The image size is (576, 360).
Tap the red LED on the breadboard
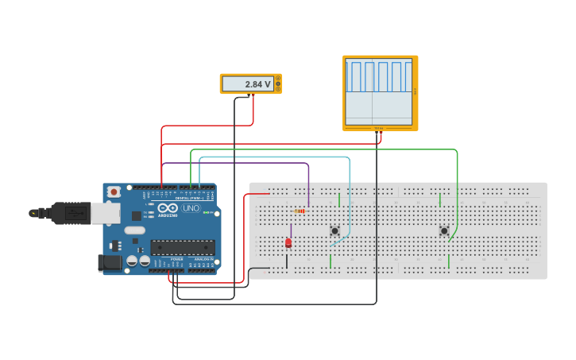click(288, 243)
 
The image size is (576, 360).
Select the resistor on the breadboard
click(300, 211)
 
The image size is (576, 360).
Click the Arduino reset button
click(114, 192)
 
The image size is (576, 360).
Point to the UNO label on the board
click(191, 208)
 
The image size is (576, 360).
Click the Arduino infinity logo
click(167, 207)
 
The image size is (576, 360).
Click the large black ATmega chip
click(182, 247)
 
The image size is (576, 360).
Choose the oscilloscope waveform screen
click(379, 91)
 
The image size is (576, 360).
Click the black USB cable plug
click(71, 213)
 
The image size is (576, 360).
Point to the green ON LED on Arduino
click(206, 213)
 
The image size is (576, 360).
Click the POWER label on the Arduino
click(176, 259)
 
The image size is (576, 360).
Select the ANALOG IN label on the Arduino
click(203, 259)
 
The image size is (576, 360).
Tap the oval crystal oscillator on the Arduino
click(134, 230)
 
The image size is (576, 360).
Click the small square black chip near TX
click(137, 215)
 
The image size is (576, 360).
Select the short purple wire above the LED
click(291, 230)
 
